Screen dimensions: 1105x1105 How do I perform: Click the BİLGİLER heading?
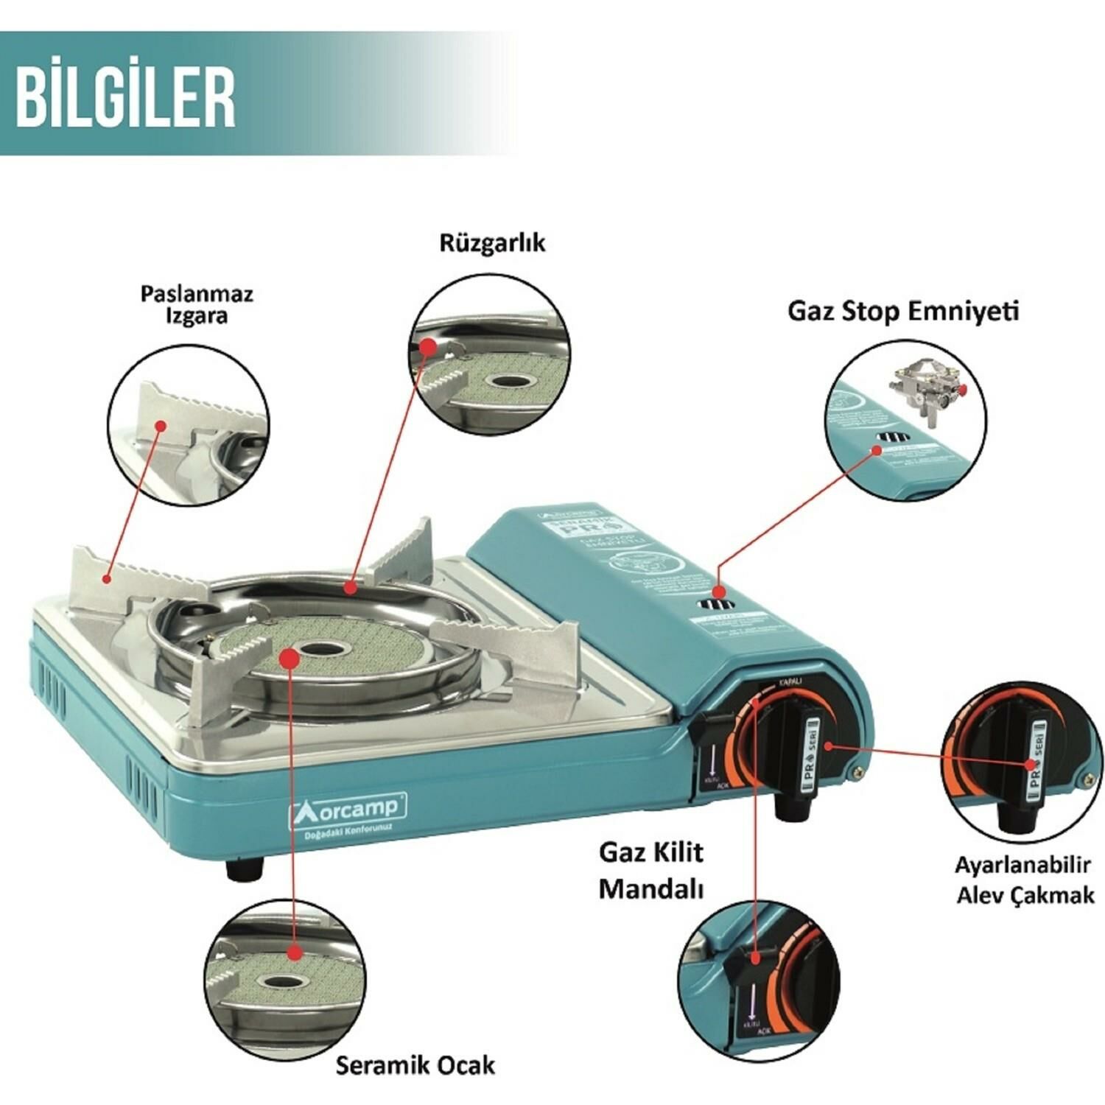click(x=126, y=97)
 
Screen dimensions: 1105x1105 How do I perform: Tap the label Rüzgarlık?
click(x=492, y=243)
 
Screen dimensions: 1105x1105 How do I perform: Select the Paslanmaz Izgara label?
click(x=197, y=305)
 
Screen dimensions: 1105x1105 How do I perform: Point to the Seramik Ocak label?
click(x=415, y=1064)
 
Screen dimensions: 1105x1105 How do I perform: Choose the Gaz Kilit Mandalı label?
click(x=651, y=870)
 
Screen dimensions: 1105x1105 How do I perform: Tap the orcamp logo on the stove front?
click(x=347, y=808)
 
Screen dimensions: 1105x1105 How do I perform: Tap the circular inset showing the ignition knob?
click(x=1024, y=765)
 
